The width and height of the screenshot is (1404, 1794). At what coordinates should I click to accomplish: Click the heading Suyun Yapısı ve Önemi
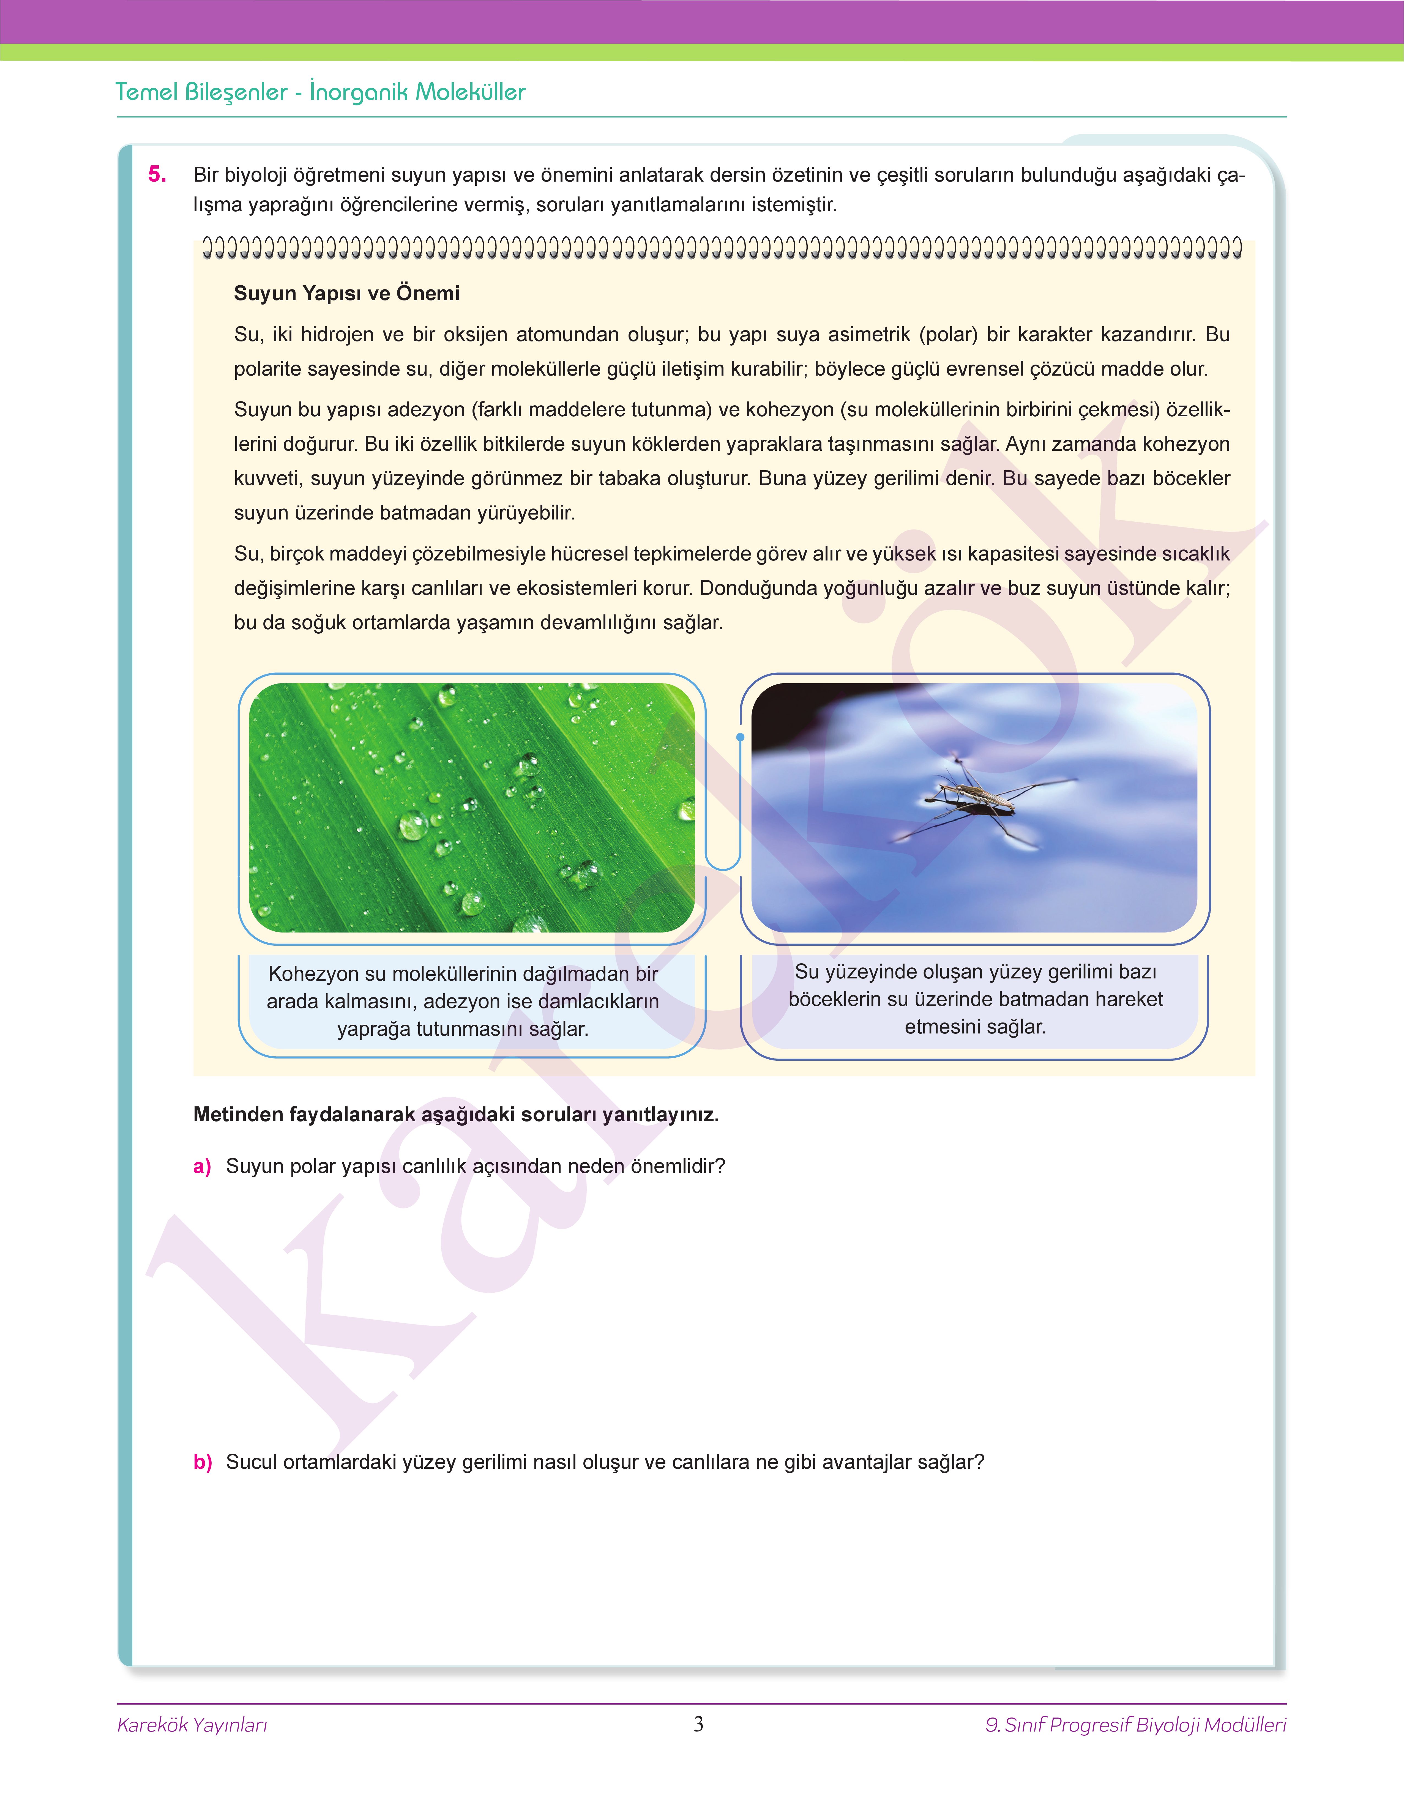coord(346,293)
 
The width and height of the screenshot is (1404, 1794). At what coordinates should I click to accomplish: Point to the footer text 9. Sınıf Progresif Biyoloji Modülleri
coord(1135,1725)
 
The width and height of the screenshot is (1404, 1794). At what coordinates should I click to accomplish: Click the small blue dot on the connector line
coord(740,737)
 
